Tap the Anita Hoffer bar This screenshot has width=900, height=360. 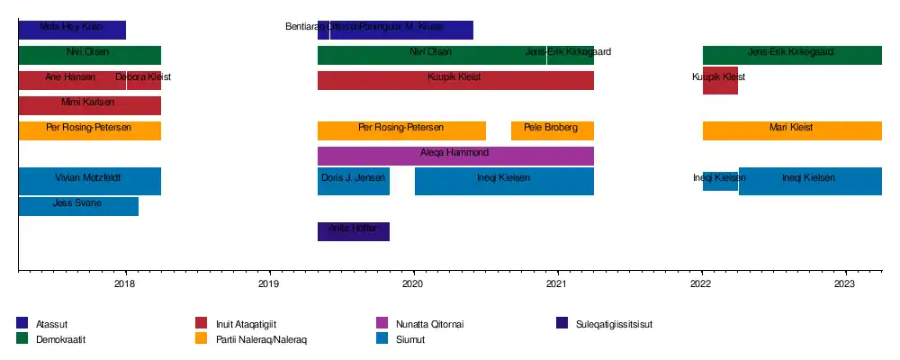(353, 231)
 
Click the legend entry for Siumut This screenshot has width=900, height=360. (409, 339)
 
